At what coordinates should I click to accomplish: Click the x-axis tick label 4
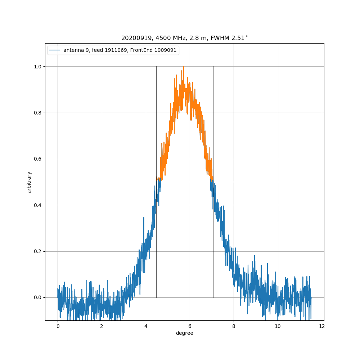pyautogui.click(x=146, y=326)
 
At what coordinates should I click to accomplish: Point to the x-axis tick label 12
pyautogui.click(x=322, y=326)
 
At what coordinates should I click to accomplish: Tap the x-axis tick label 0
pyautogui.click(x=58, y=326)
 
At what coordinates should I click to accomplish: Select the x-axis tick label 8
pyautogui.click(x=234, y=326)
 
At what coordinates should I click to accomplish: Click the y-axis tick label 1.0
pyautogui.click(x=37, y=67)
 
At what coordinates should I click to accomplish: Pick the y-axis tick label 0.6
pyautogui.click(x=37, y=159)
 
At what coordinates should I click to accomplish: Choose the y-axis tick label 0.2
pyautogui.click(x=37, y=251)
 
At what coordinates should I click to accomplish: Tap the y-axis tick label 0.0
pyautogui.click(x=37, y=297)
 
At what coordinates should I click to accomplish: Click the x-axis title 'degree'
pyautogui.click(x=184, y=333)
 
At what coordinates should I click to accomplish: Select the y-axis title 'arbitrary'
pyautogui.click(x=29, y=182)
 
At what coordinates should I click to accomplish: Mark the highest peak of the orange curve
pyautogui.click(x=184, y=66)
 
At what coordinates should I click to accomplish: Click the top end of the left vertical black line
pyautogui.click(x=156, y=67)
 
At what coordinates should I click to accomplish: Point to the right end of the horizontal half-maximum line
pyautogui.click(x=311, y=182)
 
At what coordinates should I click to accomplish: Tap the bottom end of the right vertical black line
pyautogui.click(x=213, y=297)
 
